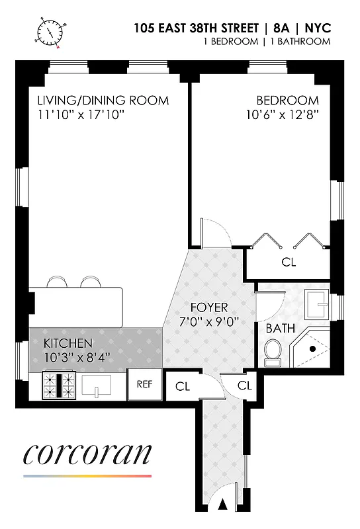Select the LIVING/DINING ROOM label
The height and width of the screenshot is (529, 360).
[103, 101]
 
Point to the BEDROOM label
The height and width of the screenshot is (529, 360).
[287, 101]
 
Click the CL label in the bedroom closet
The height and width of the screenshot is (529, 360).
[289, 262]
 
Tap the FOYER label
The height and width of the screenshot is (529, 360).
[208, 307]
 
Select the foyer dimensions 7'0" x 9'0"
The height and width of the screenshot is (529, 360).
[208, 321]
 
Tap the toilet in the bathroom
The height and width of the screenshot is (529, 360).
[272, 352]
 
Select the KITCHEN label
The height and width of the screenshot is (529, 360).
[67, 344]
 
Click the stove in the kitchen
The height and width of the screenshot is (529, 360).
[61, 385]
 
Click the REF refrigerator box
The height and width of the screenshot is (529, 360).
[145, 384]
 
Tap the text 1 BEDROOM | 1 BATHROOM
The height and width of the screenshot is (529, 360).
[266, 42]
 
